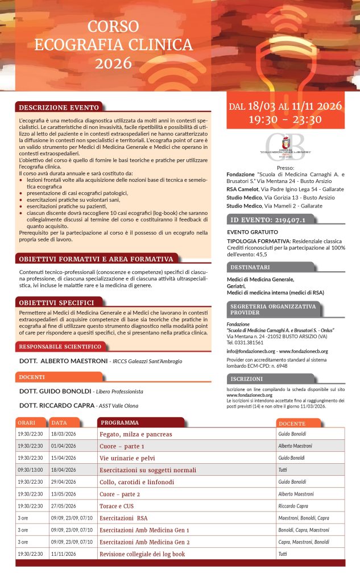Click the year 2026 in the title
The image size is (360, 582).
click(113, 63)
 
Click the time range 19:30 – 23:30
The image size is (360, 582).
click(285, 119)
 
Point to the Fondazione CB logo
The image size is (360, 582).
click(285, 147)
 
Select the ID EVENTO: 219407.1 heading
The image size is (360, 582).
click(267, 219)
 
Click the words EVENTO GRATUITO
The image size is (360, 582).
click(253, 232)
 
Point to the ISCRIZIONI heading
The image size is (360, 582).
click(247, 379)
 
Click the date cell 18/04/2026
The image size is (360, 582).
click(64, 470)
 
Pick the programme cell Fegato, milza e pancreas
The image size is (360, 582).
click(135, 434)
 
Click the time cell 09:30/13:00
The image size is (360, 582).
click(30, 470)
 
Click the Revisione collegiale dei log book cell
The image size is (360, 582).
click(142, 554)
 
